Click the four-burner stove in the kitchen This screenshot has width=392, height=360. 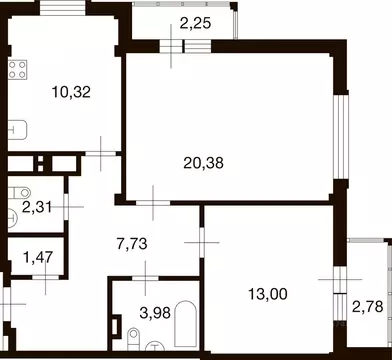coord(17,69)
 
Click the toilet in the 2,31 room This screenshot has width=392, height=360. coord(15,192)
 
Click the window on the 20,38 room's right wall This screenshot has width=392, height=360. coord(339,124)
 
